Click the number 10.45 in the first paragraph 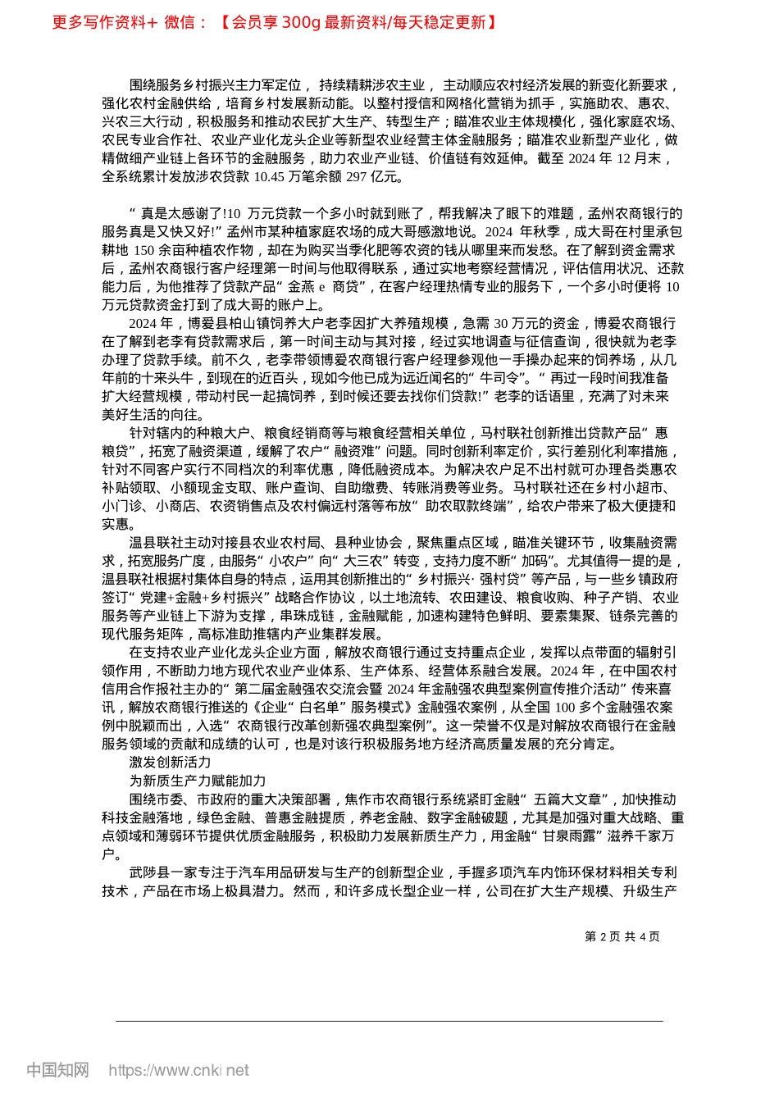click(270, 176)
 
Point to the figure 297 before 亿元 click(357, 176)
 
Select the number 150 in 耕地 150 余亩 click(144, 250)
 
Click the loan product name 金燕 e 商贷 click(323, 286)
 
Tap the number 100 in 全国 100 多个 click(565, 708)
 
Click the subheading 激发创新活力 click(170, 763)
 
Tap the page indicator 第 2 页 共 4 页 click(622, 936)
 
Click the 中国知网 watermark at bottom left click(57, 1070)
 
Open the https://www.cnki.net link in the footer click(179, 1070)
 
